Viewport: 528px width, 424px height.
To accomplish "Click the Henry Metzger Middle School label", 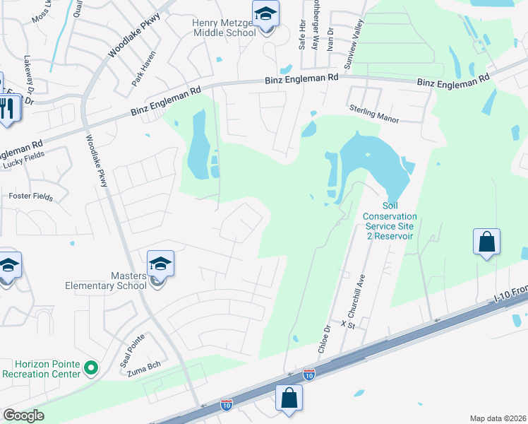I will tap(224, 28).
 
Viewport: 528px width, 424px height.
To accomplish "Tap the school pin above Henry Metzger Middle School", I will tap(266, 15).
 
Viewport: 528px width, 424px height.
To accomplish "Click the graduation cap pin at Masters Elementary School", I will tap(160, 265).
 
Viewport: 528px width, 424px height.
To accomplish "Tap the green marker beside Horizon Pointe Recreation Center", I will tap(90, 367).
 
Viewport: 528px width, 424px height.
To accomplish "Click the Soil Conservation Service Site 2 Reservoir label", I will tap(389, 221).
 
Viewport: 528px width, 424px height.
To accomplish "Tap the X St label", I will tap(347, 324).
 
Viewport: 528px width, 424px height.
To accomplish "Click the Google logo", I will tap(23, 416).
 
